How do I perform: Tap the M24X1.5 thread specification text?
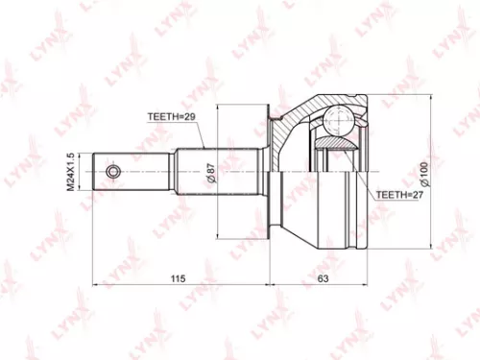click(x=70, y=172)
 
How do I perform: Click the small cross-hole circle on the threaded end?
click(x=113, y=172)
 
